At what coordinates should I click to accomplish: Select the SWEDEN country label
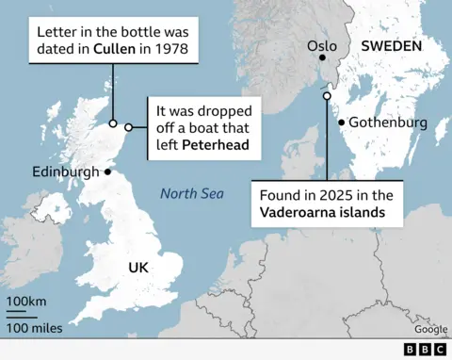[x=390, y=46]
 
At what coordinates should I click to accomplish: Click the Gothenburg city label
[x=387, y=123]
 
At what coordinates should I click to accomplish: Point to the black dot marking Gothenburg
[x=341, y=123]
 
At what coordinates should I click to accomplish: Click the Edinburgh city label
[x=65, y=172]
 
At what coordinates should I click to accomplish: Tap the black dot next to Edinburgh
[x=107, y=172]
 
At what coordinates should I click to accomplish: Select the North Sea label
[x=191, y=194]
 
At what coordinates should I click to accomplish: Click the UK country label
[x=138, y=267]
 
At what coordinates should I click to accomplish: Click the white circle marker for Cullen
[x=113, y=123]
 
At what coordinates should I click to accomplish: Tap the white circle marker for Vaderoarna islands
[x=327, y=95]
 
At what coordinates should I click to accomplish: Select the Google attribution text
[x=430, y=329]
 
